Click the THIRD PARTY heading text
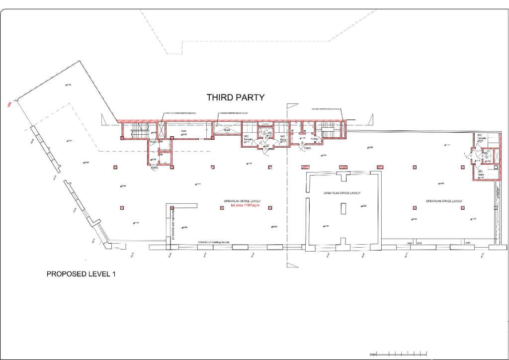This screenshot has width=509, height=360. point(236,97)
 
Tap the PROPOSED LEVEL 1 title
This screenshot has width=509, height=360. point(81,274)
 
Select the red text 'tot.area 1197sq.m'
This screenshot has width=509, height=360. point(242,205)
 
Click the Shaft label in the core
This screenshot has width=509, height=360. point(227,130)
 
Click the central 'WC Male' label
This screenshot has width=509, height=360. point(282,138)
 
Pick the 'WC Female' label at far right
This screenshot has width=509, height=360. point(481,137)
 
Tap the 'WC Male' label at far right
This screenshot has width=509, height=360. point(481,174)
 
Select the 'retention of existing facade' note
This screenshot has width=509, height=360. point(214,242)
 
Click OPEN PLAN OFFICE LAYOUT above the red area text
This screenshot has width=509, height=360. point(242,200)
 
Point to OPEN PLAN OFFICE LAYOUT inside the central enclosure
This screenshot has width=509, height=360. point(342,193)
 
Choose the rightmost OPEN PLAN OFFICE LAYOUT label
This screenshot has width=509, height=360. point(444,201)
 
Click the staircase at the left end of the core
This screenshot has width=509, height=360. point(140,133)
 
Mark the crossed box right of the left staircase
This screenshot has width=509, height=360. point(161,130)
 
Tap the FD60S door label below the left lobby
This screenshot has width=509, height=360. point(155,168)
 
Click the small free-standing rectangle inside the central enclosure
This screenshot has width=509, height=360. point(343,208)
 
